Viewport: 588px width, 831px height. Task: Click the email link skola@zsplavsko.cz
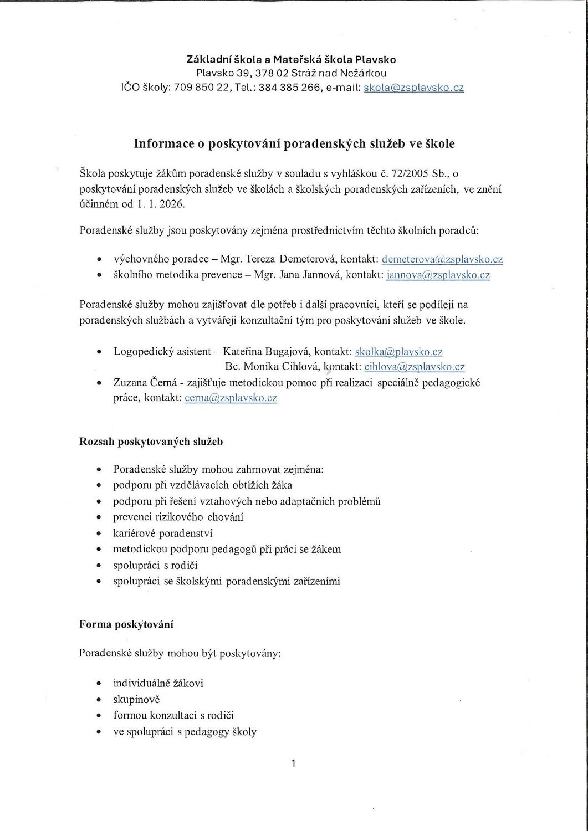coord(413,88)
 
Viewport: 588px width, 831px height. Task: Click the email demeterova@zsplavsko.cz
coord(442,259)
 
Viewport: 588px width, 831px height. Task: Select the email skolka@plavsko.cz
coord(398,351)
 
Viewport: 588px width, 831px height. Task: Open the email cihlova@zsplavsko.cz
coord(414,366)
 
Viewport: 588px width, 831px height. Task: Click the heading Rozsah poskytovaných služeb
coord(151,442)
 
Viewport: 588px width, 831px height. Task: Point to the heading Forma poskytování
coord(126,624)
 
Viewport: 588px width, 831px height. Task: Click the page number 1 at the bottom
coord(294,763)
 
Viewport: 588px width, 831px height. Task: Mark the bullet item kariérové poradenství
coord(163,534)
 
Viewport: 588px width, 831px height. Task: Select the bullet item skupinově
coord(136,699)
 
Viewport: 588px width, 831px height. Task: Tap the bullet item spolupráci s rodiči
coord(155,566)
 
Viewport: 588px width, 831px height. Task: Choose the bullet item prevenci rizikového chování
coord(178,517)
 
